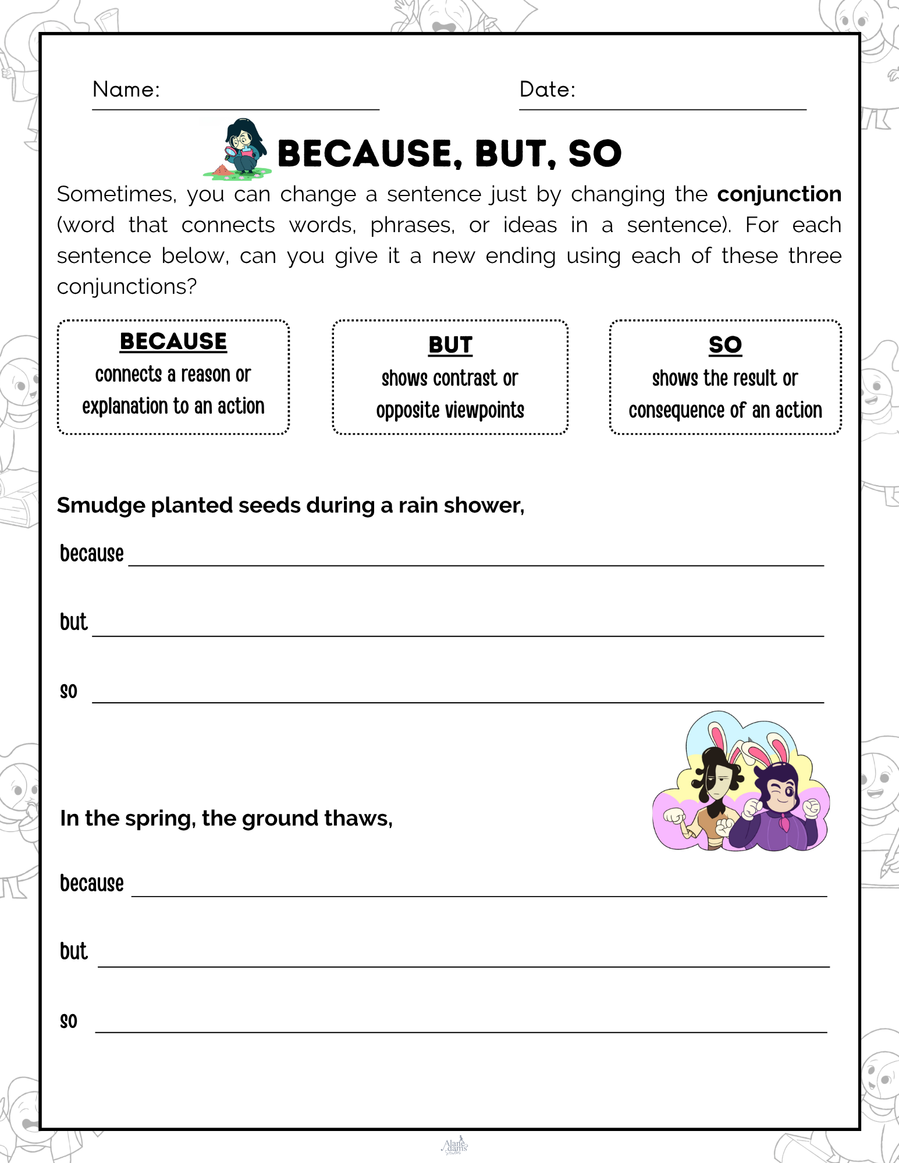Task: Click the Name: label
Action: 126,90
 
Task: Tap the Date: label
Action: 547,90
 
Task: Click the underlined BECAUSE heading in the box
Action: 173,342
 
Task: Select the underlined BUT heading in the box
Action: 450,345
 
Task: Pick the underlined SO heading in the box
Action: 725,345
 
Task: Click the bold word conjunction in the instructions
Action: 779,194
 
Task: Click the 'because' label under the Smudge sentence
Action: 92,554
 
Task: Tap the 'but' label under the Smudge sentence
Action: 74,622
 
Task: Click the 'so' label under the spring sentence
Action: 69,1021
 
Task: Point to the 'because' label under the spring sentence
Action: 92,884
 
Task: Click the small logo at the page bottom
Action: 454,1146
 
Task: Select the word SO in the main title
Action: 595,154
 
